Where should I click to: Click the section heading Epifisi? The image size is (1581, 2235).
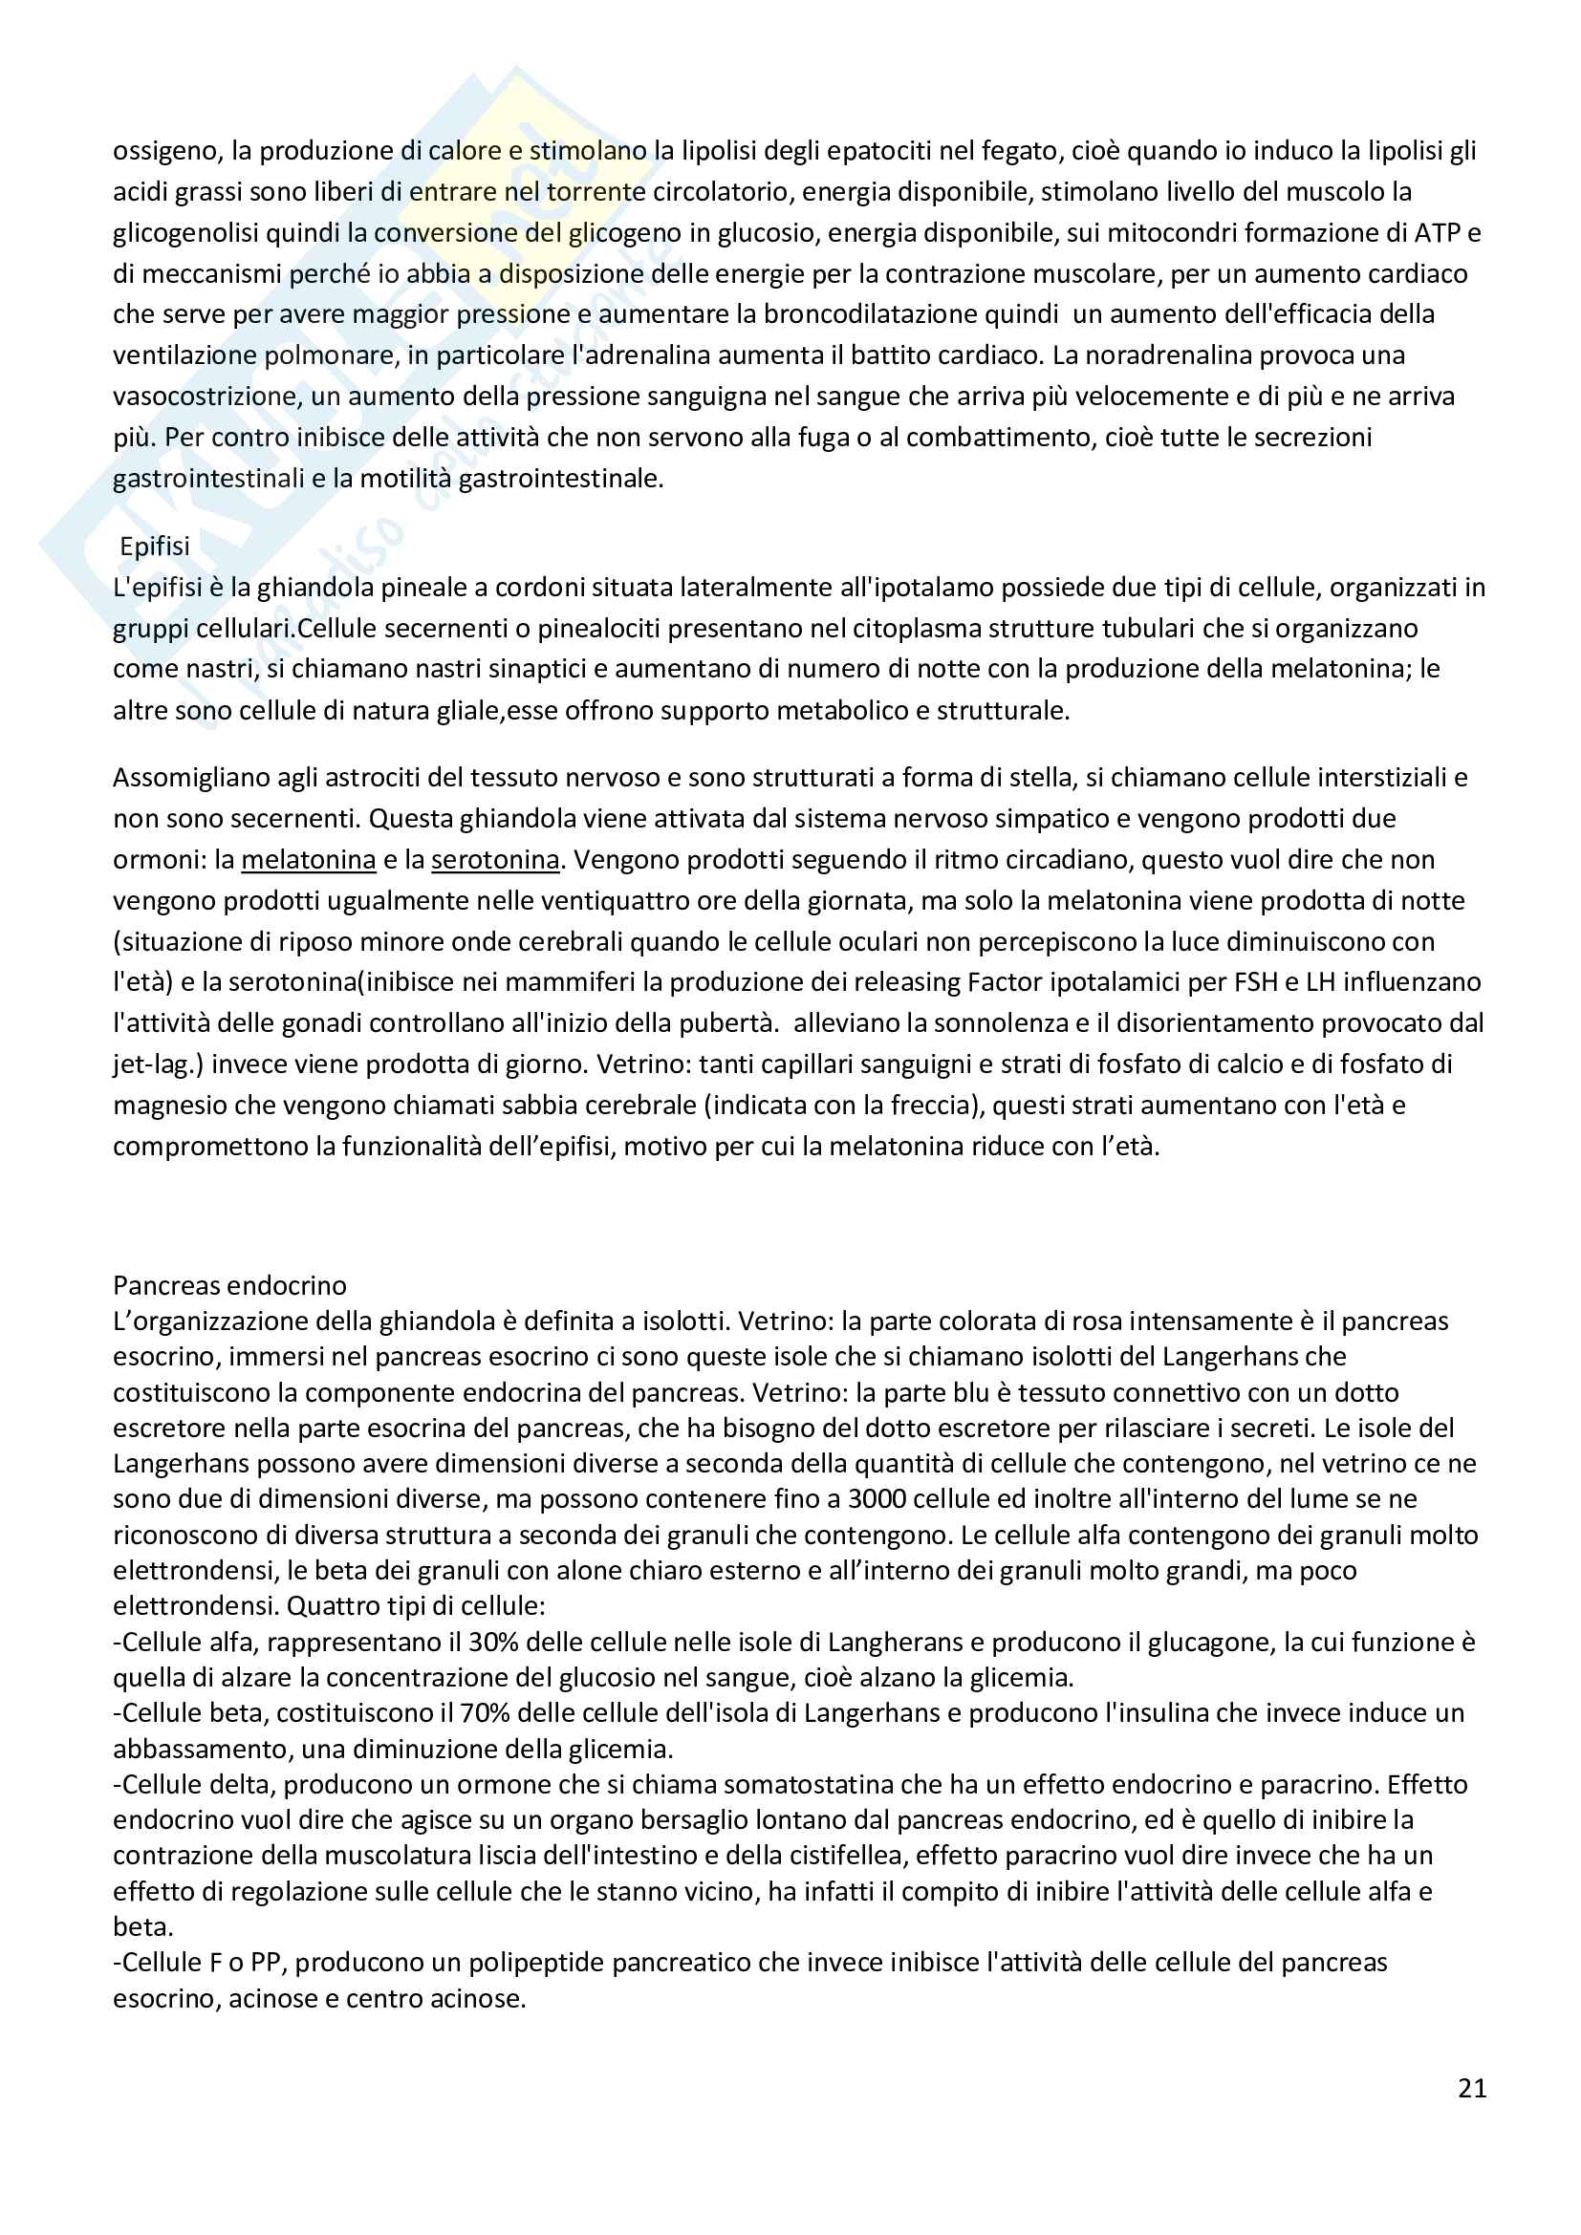[154, 547]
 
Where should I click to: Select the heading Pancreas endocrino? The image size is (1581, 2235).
[229, 1285]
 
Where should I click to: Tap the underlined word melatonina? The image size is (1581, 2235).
[309, 860]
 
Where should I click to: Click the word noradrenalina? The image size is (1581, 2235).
[1167, 355]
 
